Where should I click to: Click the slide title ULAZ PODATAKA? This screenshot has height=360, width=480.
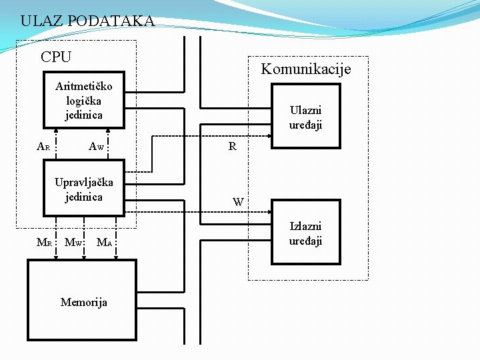coord(87,21)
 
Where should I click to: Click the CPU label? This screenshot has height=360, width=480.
coord(56,57)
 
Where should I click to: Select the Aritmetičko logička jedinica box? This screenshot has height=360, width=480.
coord(83,100)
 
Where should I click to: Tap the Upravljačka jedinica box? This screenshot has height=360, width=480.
coord(83,189)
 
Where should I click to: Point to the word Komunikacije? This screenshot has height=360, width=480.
coord(305,69)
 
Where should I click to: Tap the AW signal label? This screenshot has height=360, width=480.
coord(97,147)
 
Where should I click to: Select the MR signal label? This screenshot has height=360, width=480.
coord(44,242)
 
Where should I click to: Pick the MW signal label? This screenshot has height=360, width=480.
coord(73,242)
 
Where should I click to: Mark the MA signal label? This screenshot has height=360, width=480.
coord(105,242)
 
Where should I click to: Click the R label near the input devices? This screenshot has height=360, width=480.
coord(232,147)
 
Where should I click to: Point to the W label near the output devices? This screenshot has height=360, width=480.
coord(238,201)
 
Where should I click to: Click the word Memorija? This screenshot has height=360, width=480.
coord(83,302)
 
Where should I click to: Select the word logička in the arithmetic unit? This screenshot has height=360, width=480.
coord(84,101)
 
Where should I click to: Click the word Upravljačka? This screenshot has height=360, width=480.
coord(84,183)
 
